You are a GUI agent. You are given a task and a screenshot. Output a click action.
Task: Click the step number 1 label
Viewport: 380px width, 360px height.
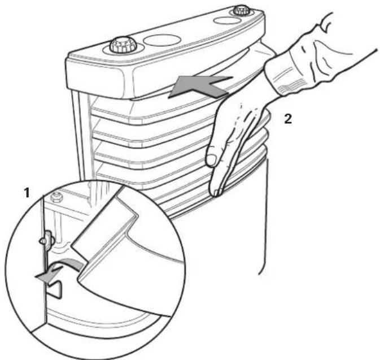[26, 193]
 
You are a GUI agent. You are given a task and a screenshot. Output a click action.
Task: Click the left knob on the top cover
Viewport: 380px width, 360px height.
[121, 45]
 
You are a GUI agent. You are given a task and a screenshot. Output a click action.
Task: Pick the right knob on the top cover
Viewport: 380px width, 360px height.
[241, 11]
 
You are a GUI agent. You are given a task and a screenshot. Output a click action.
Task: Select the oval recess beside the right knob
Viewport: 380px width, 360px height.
[228, 20]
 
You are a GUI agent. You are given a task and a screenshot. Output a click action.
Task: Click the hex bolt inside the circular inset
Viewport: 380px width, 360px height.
[56, 198]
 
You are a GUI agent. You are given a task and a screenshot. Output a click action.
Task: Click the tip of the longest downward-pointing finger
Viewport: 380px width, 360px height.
[215, 192]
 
